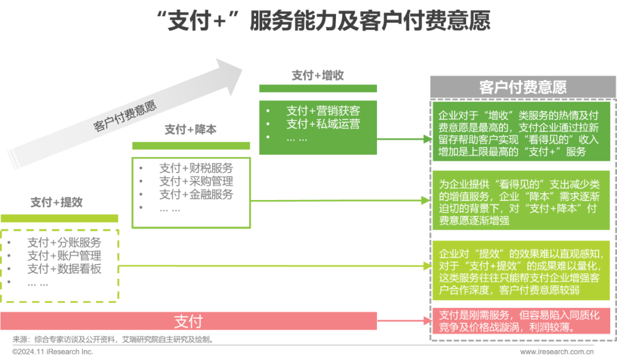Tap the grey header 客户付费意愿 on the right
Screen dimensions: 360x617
[522, 87]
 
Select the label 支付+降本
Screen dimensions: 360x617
[190, 130]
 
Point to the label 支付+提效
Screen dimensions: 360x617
[57, 202]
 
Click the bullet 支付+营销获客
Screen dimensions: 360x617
[323, 110]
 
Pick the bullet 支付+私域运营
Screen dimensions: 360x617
[323, 124]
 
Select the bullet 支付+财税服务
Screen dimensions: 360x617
[196, 168]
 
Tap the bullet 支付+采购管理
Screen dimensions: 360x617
[196, 181]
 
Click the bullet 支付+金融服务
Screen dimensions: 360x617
[196, 194]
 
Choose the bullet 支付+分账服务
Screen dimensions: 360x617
[64, 242]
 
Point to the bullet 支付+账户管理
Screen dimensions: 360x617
[64, 255]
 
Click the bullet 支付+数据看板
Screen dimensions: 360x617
[64, 269]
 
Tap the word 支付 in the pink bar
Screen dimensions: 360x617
[188, 321]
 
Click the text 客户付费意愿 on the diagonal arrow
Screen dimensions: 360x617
[125, 117]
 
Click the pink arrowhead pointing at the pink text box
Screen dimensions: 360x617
[425, 321]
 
